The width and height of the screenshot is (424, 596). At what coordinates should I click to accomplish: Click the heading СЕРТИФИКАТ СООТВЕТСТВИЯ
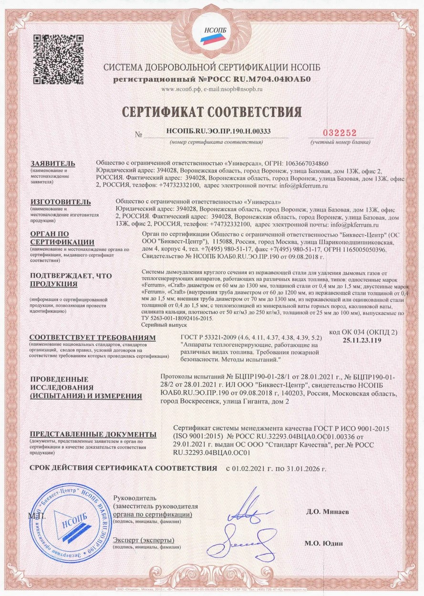212,112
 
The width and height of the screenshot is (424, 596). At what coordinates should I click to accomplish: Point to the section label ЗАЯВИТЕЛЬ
50,163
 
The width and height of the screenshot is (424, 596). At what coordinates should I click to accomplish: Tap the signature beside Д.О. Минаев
248,513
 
